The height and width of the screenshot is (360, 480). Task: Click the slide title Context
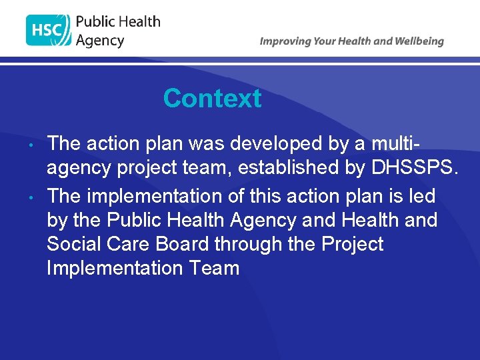212,99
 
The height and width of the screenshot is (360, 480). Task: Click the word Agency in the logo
100,41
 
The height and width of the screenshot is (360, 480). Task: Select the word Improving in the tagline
285,41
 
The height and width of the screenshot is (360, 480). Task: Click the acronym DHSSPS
411,167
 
